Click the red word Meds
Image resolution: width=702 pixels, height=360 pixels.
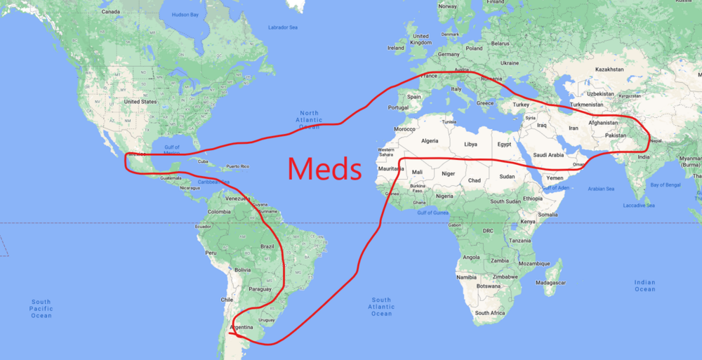(x=324, y=168)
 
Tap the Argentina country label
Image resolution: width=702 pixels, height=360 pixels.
(x=241, y=328)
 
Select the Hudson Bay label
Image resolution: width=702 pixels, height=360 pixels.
(x=185, y=14)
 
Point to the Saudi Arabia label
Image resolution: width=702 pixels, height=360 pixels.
(x=548, y=155)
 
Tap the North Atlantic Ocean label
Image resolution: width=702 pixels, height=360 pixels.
(x=309, y=120)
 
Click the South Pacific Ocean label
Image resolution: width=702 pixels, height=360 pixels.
(x=41, y=309)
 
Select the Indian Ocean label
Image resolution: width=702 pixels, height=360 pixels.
(x=644, y=286)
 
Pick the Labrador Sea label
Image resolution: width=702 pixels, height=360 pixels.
(x=283, y=27)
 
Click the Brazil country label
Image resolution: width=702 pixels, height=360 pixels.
(x=267, y=246)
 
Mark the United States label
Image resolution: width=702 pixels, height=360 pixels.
(x=140, y=102)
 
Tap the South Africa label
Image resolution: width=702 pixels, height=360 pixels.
(x=491, y=313)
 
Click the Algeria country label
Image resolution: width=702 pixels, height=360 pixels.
(x=429, y=141)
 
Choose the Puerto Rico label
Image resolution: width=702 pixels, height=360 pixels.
(x=237, y=166)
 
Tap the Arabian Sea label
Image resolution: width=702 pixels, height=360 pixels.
(x=602, y=189)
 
